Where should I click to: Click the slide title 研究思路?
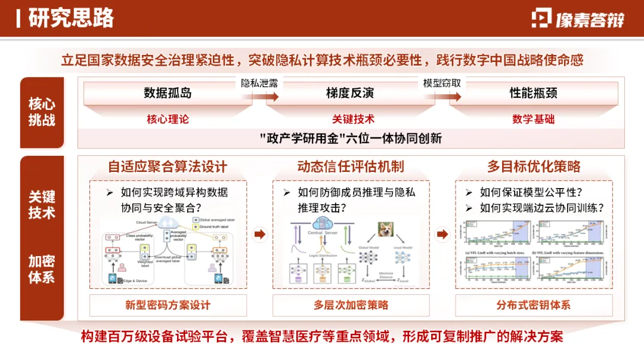tap(71, 19)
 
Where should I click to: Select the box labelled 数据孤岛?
tap(168, 93)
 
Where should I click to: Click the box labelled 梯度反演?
tap(350, 93)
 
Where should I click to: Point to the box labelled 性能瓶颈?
tap(533, 93)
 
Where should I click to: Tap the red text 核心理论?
tap(168, 119)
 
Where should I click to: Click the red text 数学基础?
tap(533, 119)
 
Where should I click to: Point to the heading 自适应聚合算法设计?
tap(168, 166)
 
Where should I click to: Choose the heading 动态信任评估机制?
tap(351, 166)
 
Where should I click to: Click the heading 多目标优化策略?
tap(534, 166)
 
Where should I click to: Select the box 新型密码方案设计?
tap(168, 305)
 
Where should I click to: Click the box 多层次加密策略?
tap(351, 305)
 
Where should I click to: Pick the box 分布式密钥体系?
tap(534, 305)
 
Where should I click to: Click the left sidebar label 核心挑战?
tap(42, 112)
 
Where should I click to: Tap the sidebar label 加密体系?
tap(42, 269)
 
